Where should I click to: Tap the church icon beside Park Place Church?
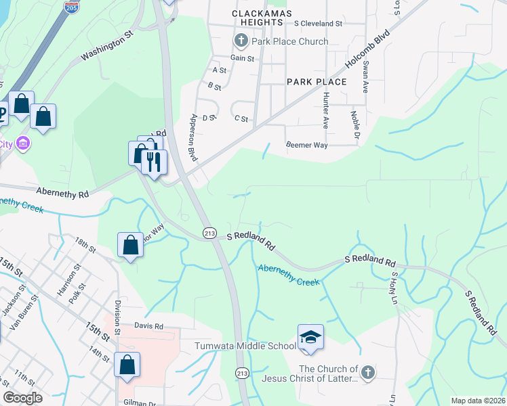[x=241, y=41]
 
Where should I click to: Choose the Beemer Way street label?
[x=306, y=145]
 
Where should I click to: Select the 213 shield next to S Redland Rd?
[x=209, y=233]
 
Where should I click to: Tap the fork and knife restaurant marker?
[x=154, y=162]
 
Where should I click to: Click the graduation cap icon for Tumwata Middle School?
[x=310, y=336]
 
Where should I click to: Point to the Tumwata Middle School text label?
[x=245, y=346]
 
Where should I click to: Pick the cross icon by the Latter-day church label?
[x=367, y=372]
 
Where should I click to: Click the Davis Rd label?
[x=148, y=325]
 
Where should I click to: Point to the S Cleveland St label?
[x=313, y=23]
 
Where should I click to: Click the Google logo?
[x=22, y=397]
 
